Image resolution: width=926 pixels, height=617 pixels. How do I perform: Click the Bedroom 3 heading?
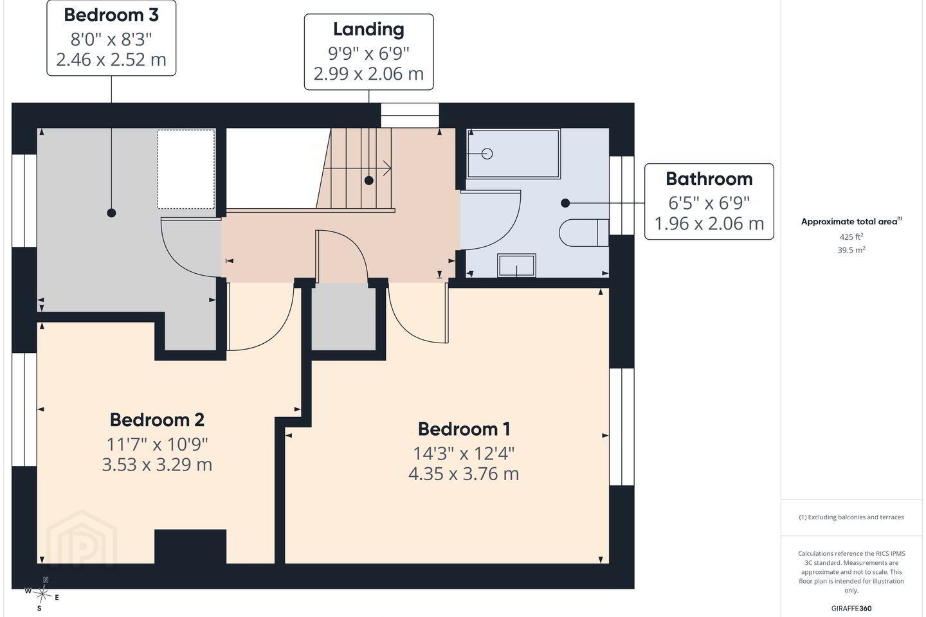coord(111,15)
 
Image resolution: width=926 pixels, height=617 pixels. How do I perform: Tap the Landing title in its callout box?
coord(368,30)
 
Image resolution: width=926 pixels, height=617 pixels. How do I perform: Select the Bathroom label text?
coord(709,179)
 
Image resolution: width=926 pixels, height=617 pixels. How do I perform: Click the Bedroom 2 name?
coord(157,420)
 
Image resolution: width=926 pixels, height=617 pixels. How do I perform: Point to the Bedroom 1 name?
coord(464,429)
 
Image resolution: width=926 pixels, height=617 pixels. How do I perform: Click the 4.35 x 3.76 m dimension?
coord(464,474)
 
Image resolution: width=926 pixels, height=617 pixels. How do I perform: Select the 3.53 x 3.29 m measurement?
coord(157,465)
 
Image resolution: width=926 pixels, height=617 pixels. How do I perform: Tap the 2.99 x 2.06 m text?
coord(368,75)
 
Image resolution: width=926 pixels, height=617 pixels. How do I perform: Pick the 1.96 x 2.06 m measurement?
coord(709,224)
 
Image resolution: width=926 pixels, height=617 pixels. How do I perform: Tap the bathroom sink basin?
coord(517,265)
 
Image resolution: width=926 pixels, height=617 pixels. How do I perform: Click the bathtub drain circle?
coord(487,154)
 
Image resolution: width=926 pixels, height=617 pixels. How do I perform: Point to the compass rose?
coord(42,595)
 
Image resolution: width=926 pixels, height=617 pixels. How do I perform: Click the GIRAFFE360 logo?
coord(851,608)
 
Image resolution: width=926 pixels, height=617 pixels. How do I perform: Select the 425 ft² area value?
coord(851,237)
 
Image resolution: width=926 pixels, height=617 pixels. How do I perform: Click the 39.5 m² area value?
coord(851,250)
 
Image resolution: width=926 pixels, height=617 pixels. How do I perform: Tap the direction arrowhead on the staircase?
coord(387,168)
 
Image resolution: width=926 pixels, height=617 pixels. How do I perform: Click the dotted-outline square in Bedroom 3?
coord(186,170)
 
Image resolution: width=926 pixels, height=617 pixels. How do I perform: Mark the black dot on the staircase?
coord(368,181)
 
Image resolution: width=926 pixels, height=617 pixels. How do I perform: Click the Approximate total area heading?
coord(851,222)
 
